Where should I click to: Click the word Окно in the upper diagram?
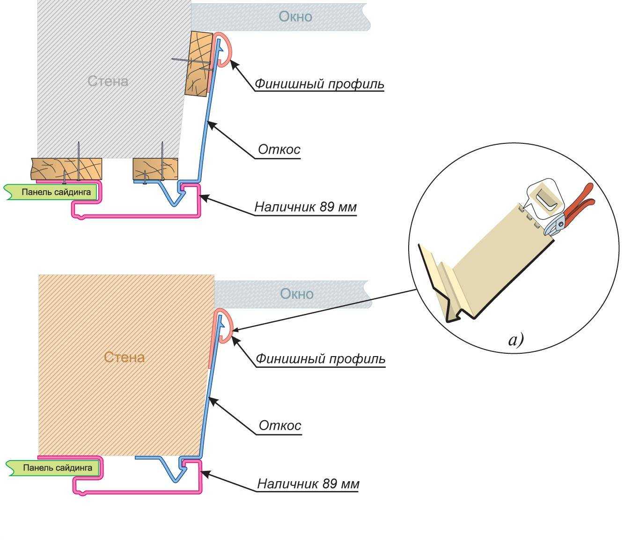click(295, 17)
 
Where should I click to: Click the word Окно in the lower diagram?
click(296, 294)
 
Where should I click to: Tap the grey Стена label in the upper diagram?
click(108, 81)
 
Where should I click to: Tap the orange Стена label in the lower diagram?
click(124, 357)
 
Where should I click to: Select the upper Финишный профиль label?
click(319, 84)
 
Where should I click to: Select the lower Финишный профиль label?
click(321, 359)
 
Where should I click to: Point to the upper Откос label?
click(279, 150)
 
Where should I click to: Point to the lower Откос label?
click(280, 426)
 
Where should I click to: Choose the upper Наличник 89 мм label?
click(306, 207)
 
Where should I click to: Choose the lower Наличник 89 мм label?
click(308, 484)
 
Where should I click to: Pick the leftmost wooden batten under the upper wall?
click(66, 169)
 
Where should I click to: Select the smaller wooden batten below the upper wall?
click(155, 169)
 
